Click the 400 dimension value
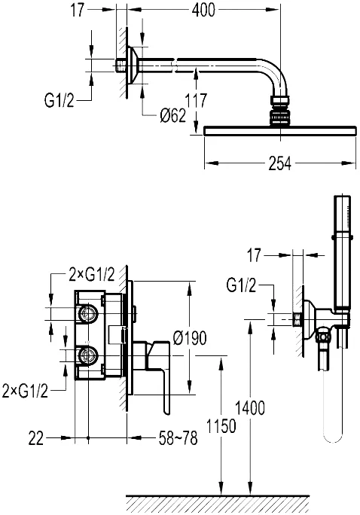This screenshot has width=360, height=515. click(203, 10)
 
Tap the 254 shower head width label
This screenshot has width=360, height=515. click(279, 163)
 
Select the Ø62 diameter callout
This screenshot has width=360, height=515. click(172, 115)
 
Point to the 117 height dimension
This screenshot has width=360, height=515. click(196, 100)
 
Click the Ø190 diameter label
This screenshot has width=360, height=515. click(190, 337)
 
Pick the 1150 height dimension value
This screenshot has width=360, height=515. click(221, 426)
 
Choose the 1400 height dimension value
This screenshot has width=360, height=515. click(250, 408)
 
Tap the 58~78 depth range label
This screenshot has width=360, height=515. click(178, 438)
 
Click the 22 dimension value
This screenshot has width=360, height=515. click(36, 438)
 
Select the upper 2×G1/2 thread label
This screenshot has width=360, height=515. click(92, 275)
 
